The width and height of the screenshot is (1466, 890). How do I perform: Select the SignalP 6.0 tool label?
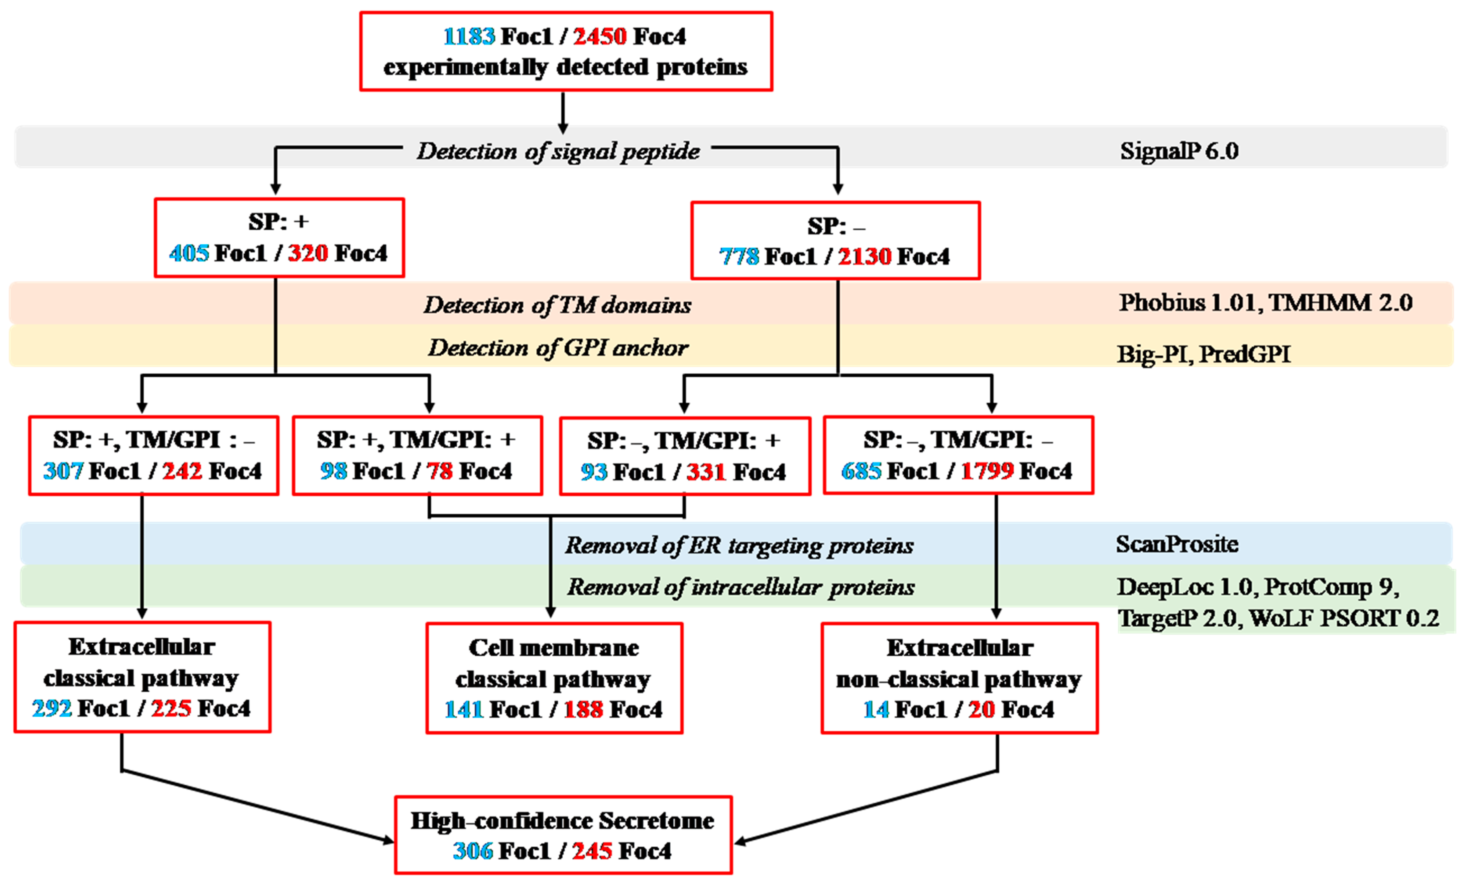1179,151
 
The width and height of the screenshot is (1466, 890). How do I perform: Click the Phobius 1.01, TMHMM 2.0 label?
1266,303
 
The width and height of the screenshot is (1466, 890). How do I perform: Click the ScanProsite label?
1177,544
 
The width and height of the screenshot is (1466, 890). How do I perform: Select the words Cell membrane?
554,648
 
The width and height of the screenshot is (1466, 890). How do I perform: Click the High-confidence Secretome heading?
562,821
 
